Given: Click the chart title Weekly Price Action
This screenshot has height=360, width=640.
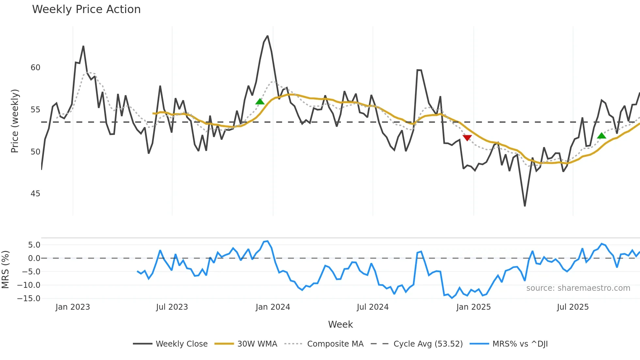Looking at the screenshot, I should pos(86,9).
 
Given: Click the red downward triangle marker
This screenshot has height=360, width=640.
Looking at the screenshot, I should pos(467,138).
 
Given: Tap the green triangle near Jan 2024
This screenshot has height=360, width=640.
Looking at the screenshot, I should pos(260,102).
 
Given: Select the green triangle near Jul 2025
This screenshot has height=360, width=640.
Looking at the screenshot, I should pos(601,136).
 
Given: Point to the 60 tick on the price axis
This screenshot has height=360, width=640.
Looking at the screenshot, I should pos(35,68).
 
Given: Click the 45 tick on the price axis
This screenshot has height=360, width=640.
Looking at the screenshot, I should pos(35,194).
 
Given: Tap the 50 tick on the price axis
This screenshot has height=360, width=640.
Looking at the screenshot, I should pos(35,152).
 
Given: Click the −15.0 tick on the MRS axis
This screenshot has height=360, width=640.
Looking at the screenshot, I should pos(29,299).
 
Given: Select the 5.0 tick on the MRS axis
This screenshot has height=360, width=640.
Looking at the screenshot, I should pos(34,245).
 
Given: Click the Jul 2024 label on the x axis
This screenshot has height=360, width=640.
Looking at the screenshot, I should pos(373,307).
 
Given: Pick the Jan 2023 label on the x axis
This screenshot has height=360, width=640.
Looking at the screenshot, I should pos(72,307).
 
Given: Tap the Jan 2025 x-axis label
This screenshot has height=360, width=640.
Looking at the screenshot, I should pos(473,307).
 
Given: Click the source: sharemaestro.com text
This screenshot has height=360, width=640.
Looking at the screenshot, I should pos(578,288).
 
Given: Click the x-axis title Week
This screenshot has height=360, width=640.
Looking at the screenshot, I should pos(340,324).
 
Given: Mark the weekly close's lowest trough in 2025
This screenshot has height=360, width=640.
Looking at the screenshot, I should pos(525,206).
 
